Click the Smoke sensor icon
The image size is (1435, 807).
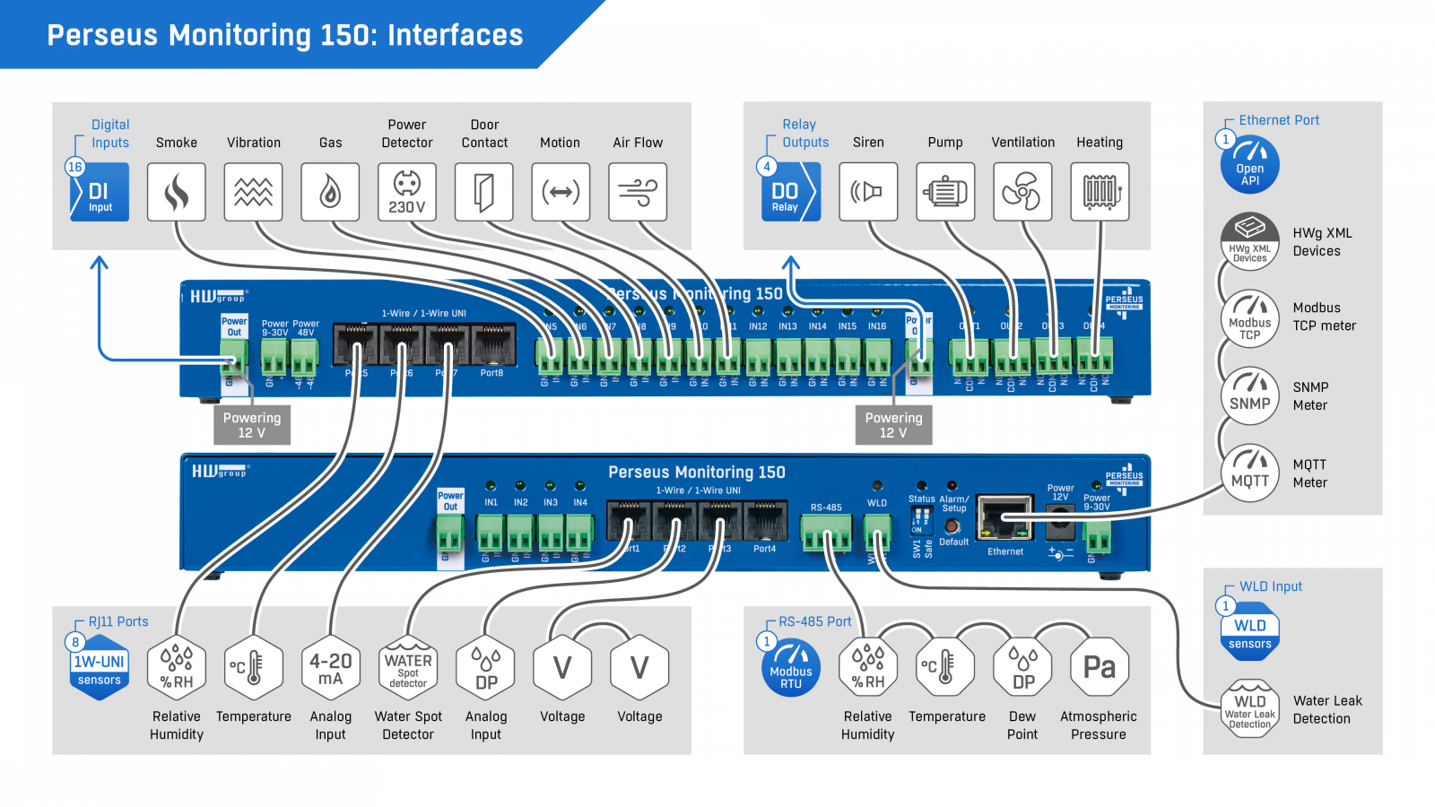click(177, 192)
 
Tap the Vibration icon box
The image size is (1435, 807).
click(253, 192)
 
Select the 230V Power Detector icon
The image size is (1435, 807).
click(407, 192)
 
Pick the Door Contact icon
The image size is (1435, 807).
click(484, 192)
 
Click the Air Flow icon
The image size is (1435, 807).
click(638, 192)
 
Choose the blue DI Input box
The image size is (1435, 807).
click(100, 192)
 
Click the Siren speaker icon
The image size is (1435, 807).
click(868, 192)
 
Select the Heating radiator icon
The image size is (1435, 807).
click(1100, 192)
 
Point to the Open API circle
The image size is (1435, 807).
click(1249, 165)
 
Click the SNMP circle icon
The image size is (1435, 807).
click(1249, 395)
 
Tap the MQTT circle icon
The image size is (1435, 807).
click(1249, 473)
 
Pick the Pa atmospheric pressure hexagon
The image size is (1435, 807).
click(1100, 668)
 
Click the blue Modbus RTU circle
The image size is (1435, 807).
click(791, 668)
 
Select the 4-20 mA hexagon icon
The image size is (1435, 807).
click(331, 668)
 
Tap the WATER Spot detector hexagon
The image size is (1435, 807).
click(408, 668)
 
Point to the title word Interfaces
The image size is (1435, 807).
click(455, 35)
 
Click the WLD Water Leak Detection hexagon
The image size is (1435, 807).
click(1249, 709)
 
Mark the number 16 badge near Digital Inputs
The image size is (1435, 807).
click(75, 167)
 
